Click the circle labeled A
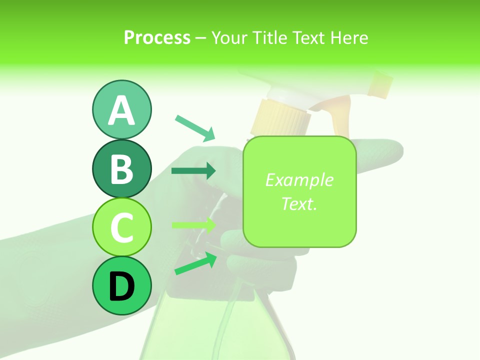(121, 109)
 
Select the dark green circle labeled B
(121, 168)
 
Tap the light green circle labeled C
(121, 227)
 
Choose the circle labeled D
(121, 285)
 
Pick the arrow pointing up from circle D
(195, 263)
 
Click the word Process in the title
(157, 37)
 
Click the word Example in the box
(299, 180)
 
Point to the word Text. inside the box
(299, 203)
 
